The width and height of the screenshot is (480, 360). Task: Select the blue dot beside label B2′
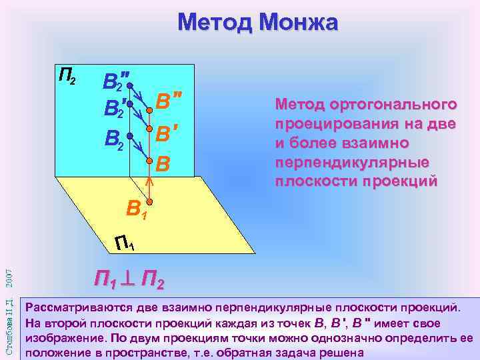(x=131, y=105)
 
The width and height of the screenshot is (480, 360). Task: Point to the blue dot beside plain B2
(x=131, y=136)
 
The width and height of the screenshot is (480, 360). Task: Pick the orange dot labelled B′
(x=150, y=129)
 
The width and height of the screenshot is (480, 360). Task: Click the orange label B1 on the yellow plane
(x=136, y=211)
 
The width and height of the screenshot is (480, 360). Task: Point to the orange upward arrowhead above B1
(x=150, y=179)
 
